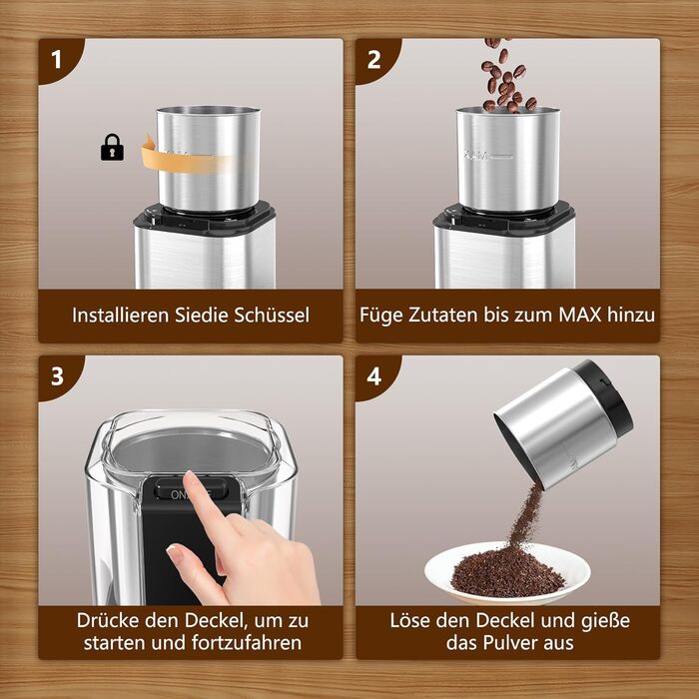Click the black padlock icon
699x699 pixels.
point(112,147)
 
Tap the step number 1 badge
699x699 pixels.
point(56,60)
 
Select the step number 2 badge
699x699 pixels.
point(373,60)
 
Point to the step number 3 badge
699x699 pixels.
point(57,376)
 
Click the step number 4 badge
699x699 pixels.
point(374,376)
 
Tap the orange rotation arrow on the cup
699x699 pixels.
point(188,157)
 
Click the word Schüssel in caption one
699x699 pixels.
point(272,315)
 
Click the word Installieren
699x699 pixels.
point(121,315)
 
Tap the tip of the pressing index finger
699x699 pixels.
point(189,476)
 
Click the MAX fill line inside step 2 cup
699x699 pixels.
point(488,157)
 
